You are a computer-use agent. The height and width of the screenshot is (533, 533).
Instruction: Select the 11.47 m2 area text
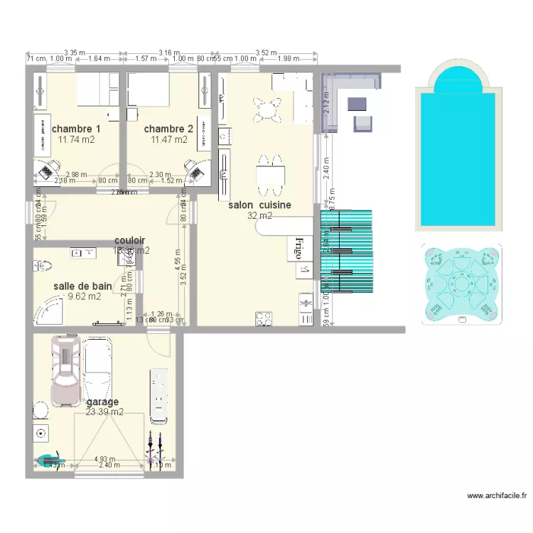coord(169,140)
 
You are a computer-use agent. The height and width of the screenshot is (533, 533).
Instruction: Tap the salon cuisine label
coord(259,205)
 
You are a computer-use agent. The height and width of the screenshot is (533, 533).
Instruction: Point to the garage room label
coord(102,402)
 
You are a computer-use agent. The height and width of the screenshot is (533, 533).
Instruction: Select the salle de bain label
coord(82,286)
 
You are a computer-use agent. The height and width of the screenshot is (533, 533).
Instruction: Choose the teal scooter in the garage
coord(48,461)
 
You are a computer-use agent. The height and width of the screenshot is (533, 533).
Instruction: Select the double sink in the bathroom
coord(85,252)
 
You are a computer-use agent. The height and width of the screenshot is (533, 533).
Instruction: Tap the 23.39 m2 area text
coord(104,411)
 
